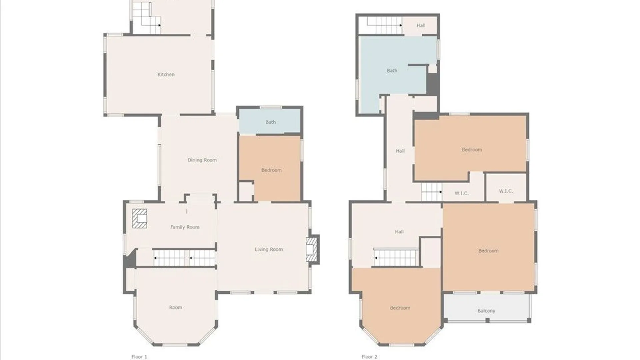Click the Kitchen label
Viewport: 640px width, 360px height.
coord(166,74)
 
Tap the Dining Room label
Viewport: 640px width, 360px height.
coord(202,160)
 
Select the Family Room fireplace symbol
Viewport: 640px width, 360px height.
coord(140,218)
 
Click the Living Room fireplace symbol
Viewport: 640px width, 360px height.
coord(312,249)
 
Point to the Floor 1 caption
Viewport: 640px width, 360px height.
coord(139,357)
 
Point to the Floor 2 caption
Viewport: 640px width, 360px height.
coord(369,357)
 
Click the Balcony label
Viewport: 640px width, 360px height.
coord(486,311)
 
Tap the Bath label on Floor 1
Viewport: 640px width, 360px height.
coord(271,122)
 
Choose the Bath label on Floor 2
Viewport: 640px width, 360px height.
coord(392,71)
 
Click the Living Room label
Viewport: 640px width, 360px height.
coord(269,249)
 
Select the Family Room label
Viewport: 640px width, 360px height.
coord(185,227)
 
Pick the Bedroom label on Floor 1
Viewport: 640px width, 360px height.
coord(271,170)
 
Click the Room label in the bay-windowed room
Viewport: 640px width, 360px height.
coord(176,307)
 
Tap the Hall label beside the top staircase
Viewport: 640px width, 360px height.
coord(421,25)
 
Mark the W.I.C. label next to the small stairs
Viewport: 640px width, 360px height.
coord(462,193)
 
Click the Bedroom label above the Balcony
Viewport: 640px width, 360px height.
coord(488,251)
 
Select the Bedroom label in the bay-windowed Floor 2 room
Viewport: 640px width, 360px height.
coord(400,308)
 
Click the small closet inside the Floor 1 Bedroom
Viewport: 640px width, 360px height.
coord(246,192)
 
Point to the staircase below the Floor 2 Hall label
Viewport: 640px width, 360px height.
coord(396,258)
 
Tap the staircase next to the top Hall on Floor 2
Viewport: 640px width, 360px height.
coord(385,25)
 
